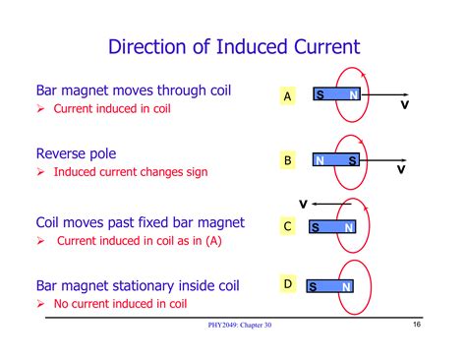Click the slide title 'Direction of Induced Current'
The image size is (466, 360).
click(x=233, y=46)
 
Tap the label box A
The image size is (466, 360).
click(x=288, y=96)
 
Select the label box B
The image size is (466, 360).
click(x=288, y=159)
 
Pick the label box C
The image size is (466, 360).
click(x=288, y=226)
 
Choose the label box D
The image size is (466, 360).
click(x=288, y=284)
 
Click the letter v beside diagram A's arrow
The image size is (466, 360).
click(x=404, y=105)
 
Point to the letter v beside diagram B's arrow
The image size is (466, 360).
click(x=401, y=170)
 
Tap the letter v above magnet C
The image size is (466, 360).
click(x=303, y=204)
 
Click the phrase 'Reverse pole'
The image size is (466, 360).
click(x=76, y=153)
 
